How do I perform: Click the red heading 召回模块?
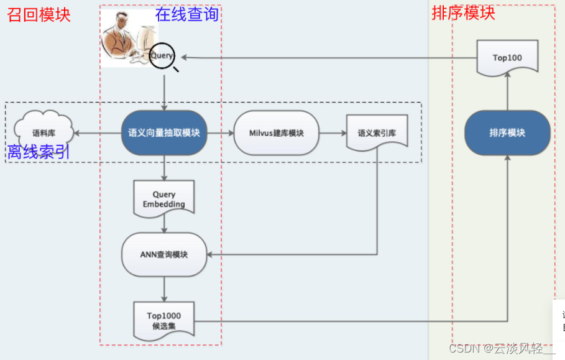pyautogui.click(x=39, y=14)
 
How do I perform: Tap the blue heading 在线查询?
pyautogui.click(x=187, y=14)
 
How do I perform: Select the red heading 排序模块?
pyautogui.click(x=463, y=12)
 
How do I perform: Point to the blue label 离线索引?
pyautogui.click(x=39, y=152)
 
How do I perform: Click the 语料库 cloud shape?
pyautogui.click(x=44, y=131)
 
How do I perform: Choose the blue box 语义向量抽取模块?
pyautogui.click(x=164, y=132)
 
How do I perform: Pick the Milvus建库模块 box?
pyautogui.click(x=277, y=133)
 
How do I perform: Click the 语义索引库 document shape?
pyautogui.click(x=377, y=132)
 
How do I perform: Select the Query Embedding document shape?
pyautogui.click(x=164, y=199)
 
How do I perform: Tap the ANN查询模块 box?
pyautogui.click(x=164, y=254)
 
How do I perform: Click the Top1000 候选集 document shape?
pyautogui.click(x=164, y=321)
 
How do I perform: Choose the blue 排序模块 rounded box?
pyautogui.click(x=507, y=132)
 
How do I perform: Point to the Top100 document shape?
pyautogui.click(x=507, y=58)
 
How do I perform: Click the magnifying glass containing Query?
pyautogui.click(x=162, y=56)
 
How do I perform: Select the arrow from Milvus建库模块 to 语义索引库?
pyautogui.click(x=333, y=133)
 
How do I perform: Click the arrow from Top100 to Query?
pyautogui.click(x=329, y=58)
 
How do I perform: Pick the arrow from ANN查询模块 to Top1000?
pyautogui.click(x=164, y=288)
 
